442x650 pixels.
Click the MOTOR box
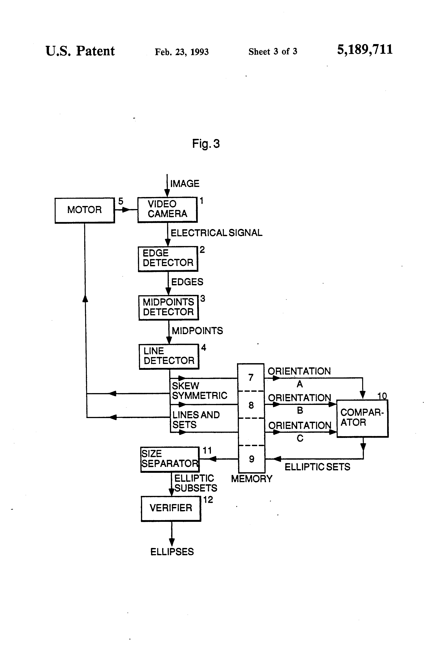point(85,210)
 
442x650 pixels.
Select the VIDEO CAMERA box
point(167,210)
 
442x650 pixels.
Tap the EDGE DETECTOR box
point(168,259)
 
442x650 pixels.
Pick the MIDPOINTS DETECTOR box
point(168,308)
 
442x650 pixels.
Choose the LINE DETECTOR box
point(169,357)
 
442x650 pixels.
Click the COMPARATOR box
point(362,418)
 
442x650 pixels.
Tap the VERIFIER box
point(171,509)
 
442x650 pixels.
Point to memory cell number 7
point(251,377)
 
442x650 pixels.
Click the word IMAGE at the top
point(185,184)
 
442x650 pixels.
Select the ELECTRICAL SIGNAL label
point(217,233)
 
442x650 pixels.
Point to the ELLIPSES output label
point(172,552)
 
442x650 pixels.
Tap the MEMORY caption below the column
point(251,479)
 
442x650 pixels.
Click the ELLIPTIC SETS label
point(317,467)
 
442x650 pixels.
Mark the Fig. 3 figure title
point(206,144)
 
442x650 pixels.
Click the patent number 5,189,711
point(365,50)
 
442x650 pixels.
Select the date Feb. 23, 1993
point(182,52)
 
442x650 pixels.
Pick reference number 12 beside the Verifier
point(208,500)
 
